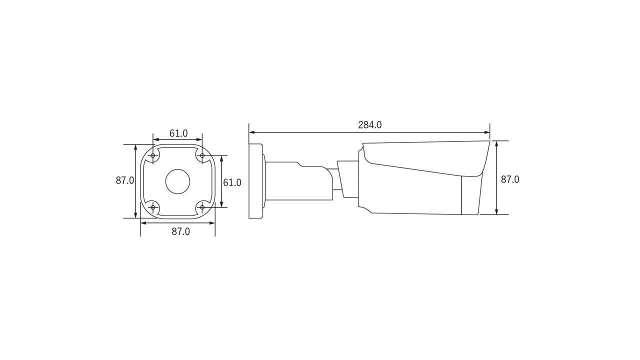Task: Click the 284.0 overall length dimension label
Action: [369, 125]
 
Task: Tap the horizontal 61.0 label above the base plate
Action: [178, 133]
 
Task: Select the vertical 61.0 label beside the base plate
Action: [232, 182]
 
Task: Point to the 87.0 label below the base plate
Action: [180, 231]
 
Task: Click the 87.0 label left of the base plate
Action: [125, 180]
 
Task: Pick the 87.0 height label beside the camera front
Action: [510, 179]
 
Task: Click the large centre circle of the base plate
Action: [177, 181]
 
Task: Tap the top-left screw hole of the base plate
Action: [153, 156]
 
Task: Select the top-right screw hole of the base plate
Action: [202, 156]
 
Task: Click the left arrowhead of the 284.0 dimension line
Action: [251, 132]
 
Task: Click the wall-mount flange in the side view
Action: [256, 181]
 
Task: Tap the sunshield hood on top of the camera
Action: [425, 155]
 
